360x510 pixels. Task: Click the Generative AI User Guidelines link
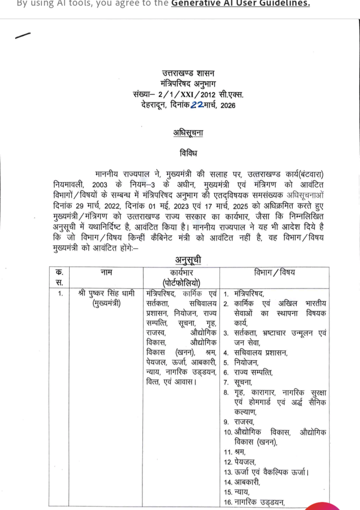point(240,3)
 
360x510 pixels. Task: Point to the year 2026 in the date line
point(227,105)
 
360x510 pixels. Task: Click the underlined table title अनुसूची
point(187,259)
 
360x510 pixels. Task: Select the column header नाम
point(106,272)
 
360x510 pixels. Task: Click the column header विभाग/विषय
point(274,272)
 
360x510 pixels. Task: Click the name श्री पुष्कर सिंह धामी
point(107,293)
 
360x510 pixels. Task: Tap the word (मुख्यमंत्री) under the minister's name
point(107,303)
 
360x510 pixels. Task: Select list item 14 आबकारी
point(249,482)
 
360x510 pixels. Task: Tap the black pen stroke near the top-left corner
point(23,35)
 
